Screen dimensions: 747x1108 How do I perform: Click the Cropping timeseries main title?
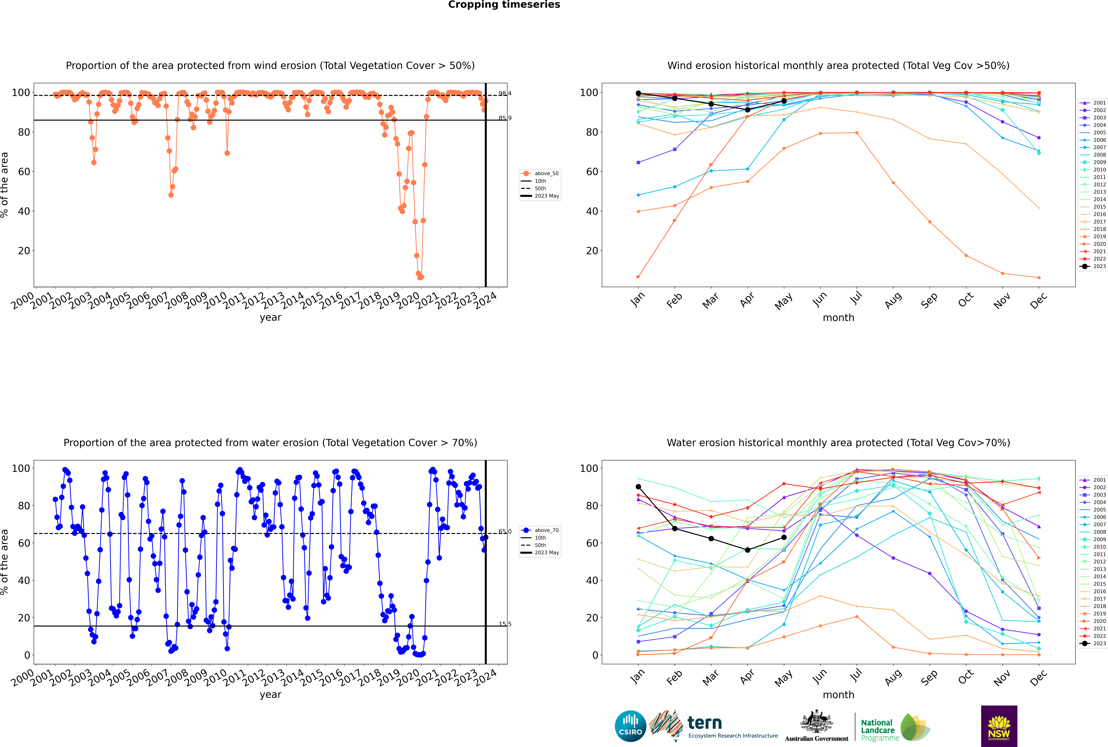[x=504, y=5]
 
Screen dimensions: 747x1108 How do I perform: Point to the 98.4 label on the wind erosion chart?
[x=505, y=93]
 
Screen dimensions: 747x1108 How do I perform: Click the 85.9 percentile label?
[x=505, y=118]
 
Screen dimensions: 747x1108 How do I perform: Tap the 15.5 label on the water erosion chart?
[x=505, y=624]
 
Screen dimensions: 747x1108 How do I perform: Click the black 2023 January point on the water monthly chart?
[x=638, y=486]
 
